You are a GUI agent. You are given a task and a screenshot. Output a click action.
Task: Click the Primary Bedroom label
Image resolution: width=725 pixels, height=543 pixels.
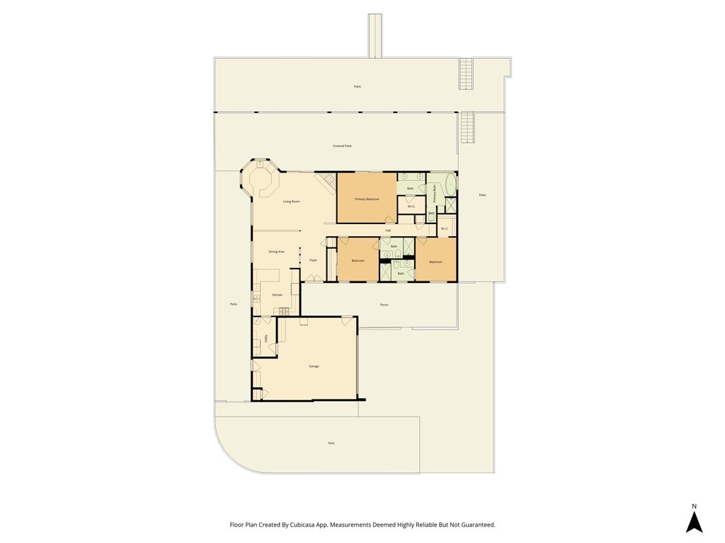tap(367, 199)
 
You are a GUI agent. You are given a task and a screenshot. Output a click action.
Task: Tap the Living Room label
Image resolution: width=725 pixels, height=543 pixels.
tap(292, 202)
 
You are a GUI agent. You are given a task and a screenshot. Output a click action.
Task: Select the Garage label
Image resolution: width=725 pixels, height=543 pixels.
tap(314, 366)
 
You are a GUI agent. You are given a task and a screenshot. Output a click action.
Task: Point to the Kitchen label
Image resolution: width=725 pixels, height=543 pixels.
tap(278, 295)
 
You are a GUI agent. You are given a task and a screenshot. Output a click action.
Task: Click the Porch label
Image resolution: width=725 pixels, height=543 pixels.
tap(384, 305)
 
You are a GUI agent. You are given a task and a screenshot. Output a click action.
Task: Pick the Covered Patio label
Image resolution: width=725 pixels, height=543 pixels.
tap(343, 146)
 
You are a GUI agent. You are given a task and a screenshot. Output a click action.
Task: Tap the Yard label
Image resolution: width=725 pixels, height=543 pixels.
tap(331, 443)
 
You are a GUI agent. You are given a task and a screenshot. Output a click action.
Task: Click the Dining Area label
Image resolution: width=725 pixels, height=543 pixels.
tap(276, 252)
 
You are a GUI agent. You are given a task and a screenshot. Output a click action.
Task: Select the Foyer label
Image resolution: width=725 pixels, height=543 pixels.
tap(313, 260)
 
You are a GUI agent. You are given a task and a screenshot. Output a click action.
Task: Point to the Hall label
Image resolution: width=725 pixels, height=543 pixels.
tap(388, 230)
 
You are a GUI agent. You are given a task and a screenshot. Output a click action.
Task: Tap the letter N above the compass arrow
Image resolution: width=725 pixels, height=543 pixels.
tap(694, 506)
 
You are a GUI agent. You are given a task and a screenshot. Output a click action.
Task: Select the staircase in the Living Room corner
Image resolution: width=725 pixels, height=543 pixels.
tap(326, 184)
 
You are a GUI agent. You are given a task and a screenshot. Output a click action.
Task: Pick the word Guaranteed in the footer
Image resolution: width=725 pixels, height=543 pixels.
tap(475, 525)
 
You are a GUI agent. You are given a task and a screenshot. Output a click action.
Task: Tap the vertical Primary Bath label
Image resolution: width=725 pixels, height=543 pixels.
tap(434, 192)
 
